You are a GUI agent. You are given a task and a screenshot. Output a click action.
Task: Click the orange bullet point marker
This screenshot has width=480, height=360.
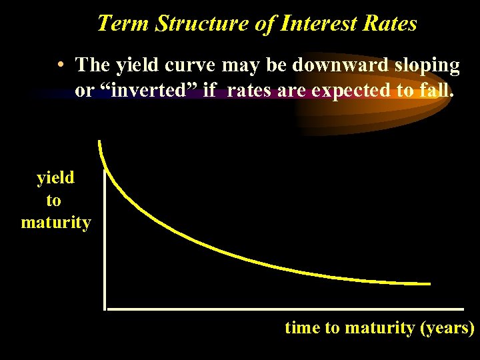point(61,65)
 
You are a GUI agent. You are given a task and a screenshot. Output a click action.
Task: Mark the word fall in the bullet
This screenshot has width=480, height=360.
point(435,90)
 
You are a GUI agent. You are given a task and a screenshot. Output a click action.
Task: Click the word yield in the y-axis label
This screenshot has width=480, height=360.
point(55,177)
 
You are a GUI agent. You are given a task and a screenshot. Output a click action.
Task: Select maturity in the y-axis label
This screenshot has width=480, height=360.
point(55,222)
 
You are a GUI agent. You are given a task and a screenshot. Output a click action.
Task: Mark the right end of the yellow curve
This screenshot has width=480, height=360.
point(429,284)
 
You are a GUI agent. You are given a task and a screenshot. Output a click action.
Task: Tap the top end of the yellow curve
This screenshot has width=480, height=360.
point(100,142)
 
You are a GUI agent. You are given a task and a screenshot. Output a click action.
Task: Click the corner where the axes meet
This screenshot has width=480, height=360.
point(105,309)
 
